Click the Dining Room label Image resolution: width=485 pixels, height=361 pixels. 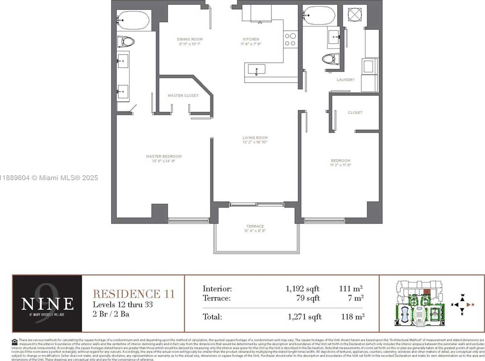[x=190, y=39]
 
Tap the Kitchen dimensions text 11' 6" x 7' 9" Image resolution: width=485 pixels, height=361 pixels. [x=251, y=44]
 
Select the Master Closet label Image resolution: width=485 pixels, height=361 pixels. [x=183, y=96]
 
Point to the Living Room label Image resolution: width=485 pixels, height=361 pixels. [x=255, y=137]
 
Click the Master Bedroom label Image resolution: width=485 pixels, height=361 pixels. [x=164, y=156]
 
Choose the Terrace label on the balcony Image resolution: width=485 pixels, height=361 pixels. [x=255, y=226]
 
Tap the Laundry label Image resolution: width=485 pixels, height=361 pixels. [x=345, y=80]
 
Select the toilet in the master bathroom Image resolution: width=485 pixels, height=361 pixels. [x=126, y=42]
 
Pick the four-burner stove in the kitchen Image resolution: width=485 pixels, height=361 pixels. [x=290, y=39]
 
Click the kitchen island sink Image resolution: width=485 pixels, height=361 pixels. [x=257, y=70]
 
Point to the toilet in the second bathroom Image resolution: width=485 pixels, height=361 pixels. [x=331, y=59]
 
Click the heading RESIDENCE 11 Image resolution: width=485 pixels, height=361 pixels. [x=134, y=294]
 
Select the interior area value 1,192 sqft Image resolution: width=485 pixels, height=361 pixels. [x=302, y=289]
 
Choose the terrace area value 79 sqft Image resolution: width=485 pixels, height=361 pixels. [x=308, y=298]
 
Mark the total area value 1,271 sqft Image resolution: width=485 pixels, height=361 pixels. [x=304, y=317]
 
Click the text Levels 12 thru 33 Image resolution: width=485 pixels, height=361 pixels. [x=123, y=305]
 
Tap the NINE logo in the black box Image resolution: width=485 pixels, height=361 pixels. [x=47, y=303]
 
